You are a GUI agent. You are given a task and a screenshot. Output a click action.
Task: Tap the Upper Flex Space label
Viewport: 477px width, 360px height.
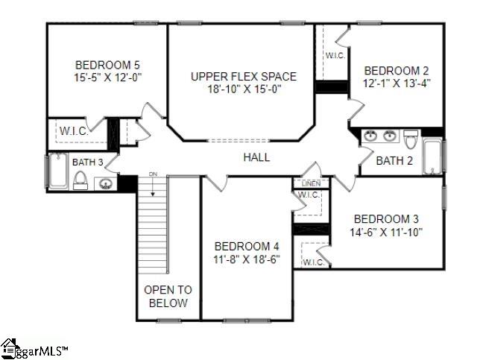click(x=243, y=76)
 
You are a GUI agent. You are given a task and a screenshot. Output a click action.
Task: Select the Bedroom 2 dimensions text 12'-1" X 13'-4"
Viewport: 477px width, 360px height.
click(x=397, y=83)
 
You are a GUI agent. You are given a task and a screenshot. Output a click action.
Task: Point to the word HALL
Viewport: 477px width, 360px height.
click(x=256, y=157)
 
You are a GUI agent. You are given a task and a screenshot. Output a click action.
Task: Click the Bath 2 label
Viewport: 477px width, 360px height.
click(x=394, y=160)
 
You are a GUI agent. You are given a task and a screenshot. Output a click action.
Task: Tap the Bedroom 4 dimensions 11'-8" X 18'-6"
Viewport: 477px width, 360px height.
click(x=247, y=259)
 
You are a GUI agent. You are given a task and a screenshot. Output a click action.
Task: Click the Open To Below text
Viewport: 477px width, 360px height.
click(x=168, y=296)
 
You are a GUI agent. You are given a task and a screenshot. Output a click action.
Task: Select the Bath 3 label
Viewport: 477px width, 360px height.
click(x=88, y=162)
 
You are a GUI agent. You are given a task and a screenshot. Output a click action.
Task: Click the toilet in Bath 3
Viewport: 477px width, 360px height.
click(x=80, y=180)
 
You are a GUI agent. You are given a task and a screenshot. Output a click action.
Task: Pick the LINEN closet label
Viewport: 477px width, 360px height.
click(x=311, y=183)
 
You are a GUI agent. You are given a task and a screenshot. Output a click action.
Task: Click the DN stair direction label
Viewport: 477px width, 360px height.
click(x=154, y=174)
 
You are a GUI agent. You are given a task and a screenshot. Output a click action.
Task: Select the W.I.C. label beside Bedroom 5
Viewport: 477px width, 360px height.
click(x=74, y=131)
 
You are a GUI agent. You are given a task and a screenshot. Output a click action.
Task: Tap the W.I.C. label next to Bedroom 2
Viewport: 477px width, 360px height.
click(x=334, y=55)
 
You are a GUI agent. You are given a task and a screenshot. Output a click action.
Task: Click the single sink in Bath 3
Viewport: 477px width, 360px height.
click(x=107, y=183)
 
